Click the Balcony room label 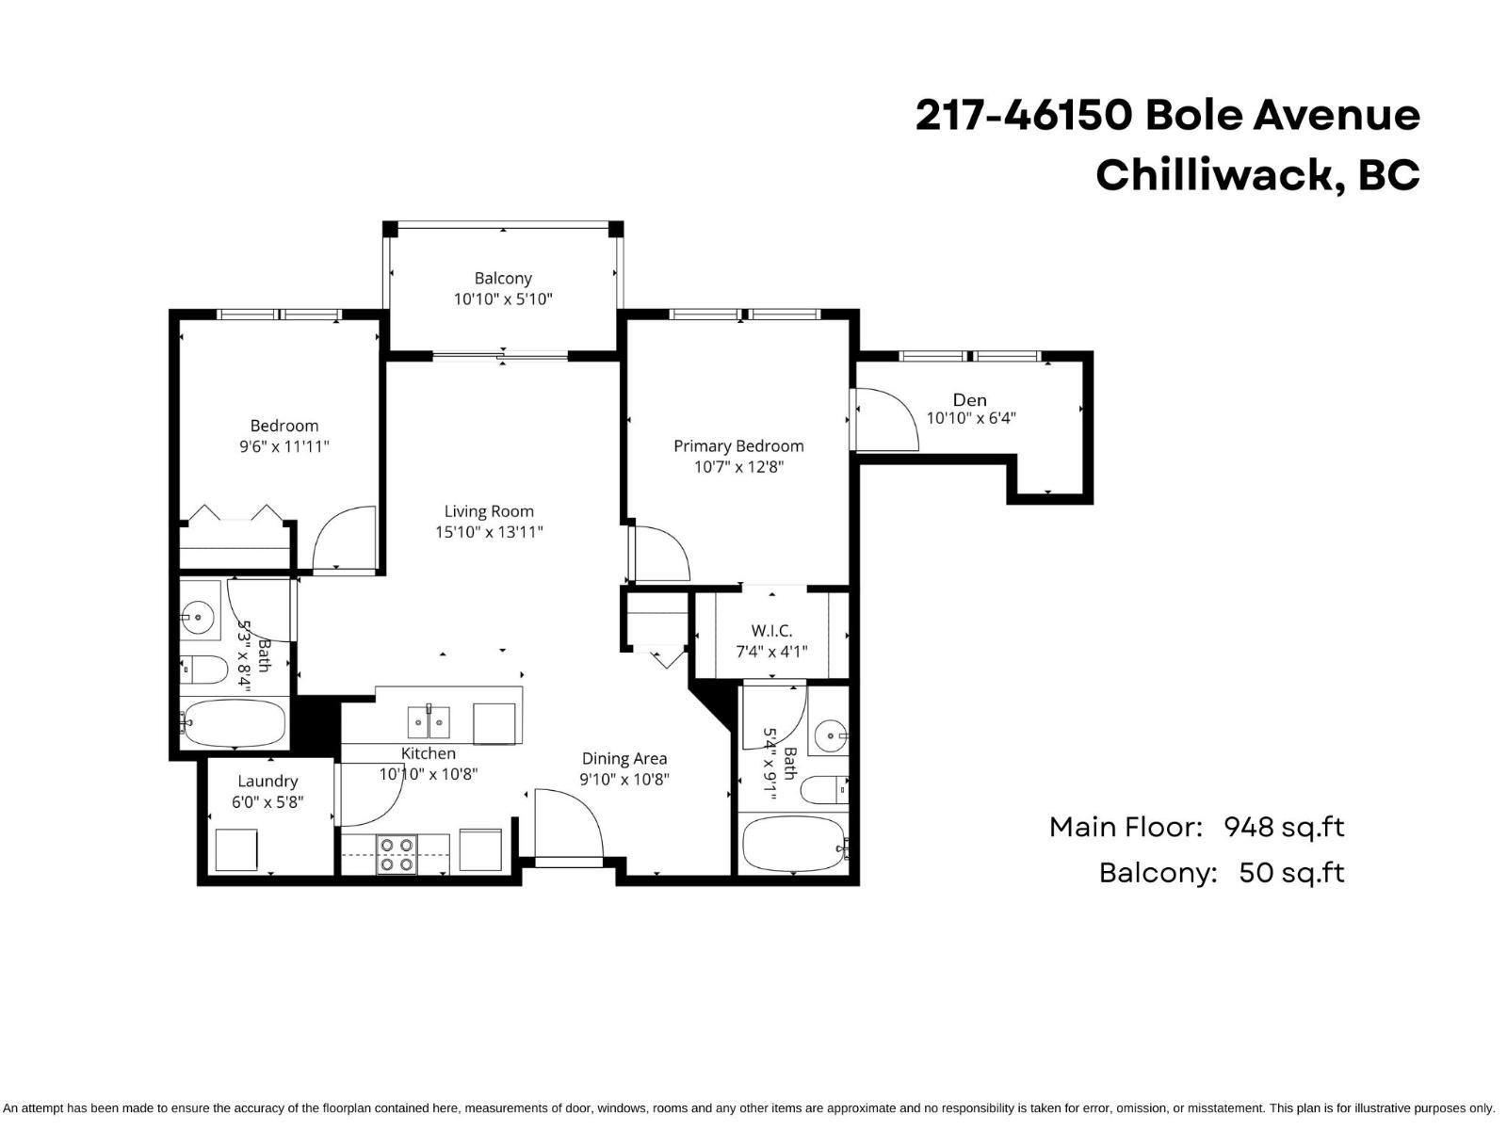(503, 279)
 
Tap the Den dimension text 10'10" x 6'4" (971, 418)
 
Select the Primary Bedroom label (738, 446)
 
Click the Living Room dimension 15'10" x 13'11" (489, 532)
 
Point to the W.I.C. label (771, 631)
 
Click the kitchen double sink (429, 722)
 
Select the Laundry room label (267, 782)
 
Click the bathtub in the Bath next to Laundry (233, 724)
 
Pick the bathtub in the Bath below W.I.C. (793, 843)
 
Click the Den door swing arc (890, 419)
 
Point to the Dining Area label (624, 759)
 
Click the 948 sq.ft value (1283, 828)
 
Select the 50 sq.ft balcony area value (1290, 873)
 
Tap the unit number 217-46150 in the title (1023, 116)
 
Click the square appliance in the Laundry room (236, 849)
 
